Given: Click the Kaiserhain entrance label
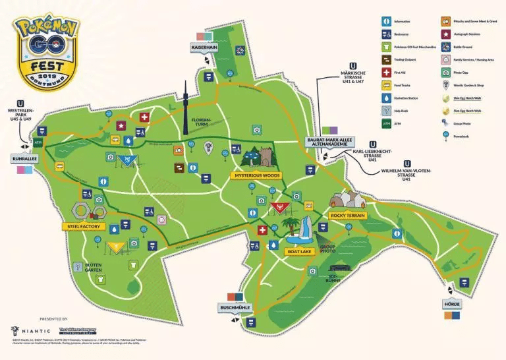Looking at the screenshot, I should [204, 48].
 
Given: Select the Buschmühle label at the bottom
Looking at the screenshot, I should [235, 308].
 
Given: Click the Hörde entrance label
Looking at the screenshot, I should [452, 304].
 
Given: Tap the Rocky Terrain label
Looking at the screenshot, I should [347, 216].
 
